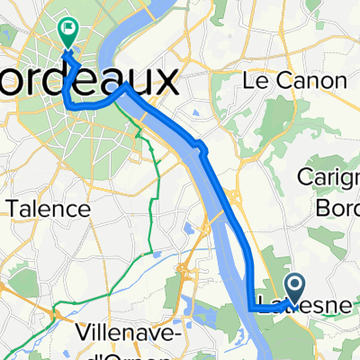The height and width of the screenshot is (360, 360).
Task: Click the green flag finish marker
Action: [x=67, y=31]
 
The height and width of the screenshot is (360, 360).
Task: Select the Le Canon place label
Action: [x=295, y=80]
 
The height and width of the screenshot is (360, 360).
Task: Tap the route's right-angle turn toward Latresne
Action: [x=249, y=309]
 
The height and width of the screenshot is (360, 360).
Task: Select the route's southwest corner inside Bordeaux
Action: [x=70, y=106]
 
